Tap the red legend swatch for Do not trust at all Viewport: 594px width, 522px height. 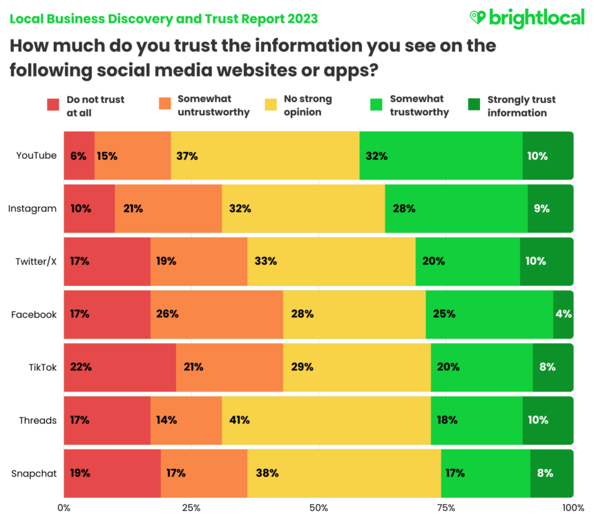(53, 106)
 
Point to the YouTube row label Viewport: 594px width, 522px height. (37, 155)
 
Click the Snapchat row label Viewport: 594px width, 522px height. (34, 473)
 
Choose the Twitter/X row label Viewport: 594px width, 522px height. (36, 261)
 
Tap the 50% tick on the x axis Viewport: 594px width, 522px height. (319, 508)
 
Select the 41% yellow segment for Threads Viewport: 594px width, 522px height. (325, 420)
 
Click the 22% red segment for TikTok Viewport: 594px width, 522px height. (119, 367)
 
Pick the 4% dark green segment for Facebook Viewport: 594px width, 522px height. (563, 314)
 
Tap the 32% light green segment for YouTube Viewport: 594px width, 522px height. (441, 155)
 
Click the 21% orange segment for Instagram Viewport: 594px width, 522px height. (168, 208)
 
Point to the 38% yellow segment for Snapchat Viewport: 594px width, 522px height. (344, 473)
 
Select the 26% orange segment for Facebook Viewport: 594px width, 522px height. (216, 314)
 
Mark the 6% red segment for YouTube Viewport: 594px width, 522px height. (79, 155)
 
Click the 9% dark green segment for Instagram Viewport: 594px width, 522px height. (550, 208)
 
